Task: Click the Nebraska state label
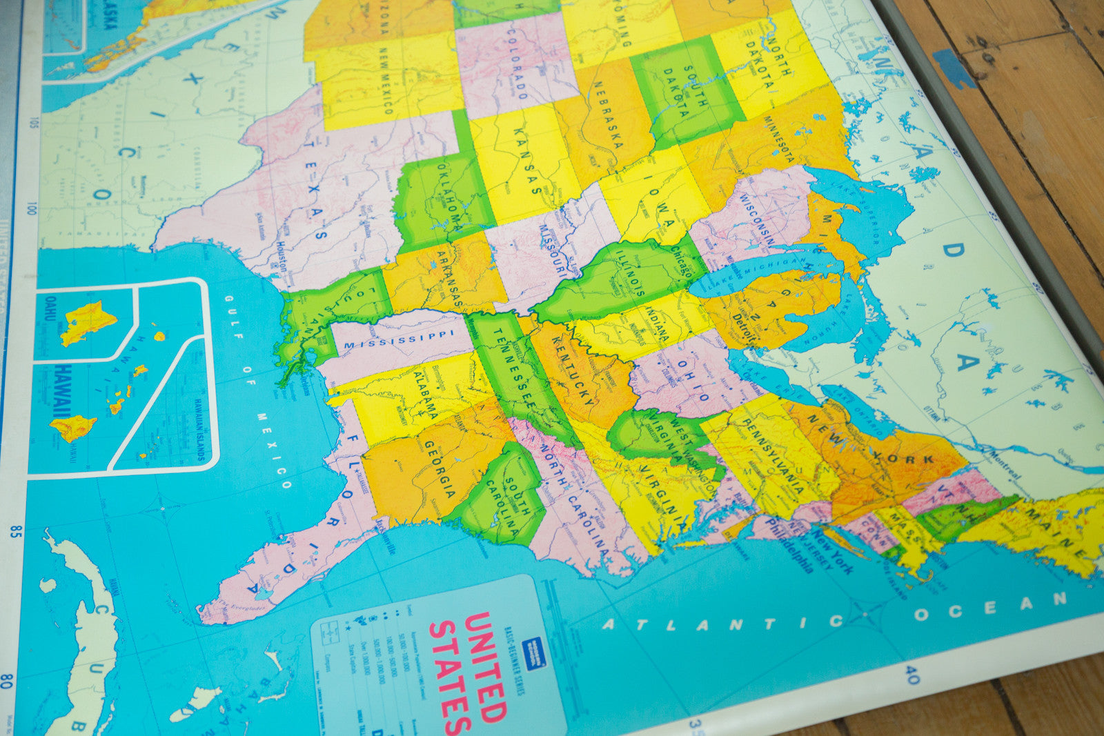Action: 607,115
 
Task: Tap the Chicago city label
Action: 682,262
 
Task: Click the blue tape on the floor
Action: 954,68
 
